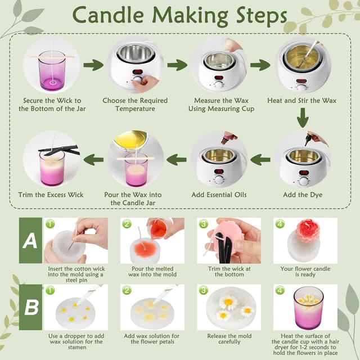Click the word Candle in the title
[109, 15]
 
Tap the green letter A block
[30, 240]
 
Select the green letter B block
[30, 307]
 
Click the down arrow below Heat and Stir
[303, 118]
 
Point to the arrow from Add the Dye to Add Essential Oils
[260, 160]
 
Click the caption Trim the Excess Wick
[51, 195]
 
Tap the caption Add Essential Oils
[219, 195]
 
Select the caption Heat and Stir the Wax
[301, 101]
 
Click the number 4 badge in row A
[280, 224]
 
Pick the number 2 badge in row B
[127, 290]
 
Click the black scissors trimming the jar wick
[59, 150]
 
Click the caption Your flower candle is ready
[305, 272]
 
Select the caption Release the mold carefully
[229, 339]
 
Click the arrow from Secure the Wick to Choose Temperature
[93, 65]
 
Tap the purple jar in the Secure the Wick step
[52, 71]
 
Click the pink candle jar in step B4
[308, 308]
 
